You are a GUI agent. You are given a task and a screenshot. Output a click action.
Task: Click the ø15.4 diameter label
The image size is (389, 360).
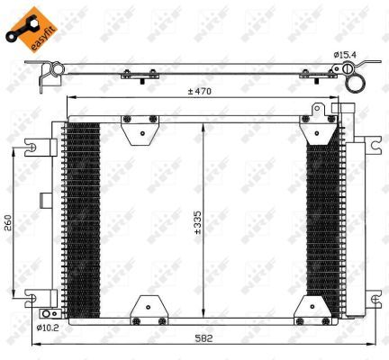(347, 56)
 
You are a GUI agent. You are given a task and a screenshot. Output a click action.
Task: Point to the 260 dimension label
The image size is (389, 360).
(9, 221)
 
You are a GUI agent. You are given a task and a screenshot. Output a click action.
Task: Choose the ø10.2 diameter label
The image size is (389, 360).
(48, 328)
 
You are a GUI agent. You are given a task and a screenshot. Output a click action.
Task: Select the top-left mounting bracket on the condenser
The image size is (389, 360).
(140, 131)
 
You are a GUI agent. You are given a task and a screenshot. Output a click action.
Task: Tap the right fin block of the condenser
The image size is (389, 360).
(321, 220)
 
